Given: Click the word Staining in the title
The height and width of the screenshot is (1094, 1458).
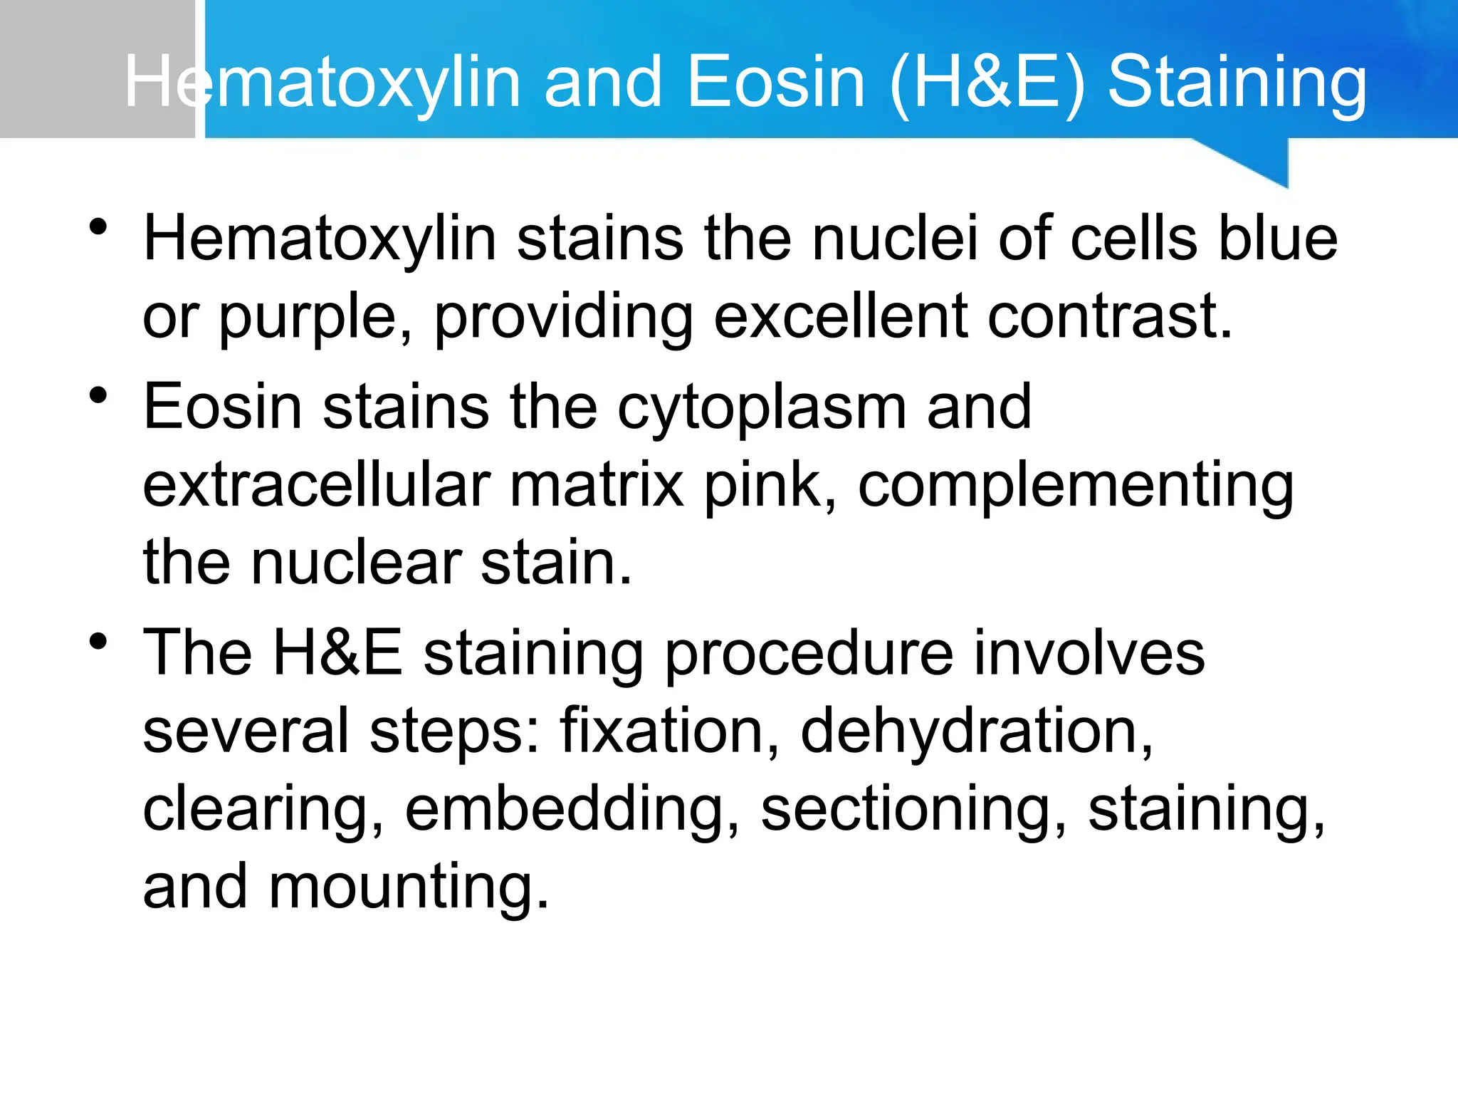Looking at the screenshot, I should [x=1237, y=83].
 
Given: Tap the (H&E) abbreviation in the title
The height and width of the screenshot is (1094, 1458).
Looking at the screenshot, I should [x=988, y=83].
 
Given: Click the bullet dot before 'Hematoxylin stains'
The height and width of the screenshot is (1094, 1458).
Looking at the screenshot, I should [x=98, y=227].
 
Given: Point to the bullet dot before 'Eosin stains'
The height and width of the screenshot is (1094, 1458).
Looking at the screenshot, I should [x=98, y=395].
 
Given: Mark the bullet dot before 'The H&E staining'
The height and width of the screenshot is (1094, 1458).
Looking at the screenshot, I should [x=98, y=641].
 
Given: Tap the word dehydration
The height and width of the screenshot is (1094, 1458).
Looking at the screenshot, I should [x=976, y=731].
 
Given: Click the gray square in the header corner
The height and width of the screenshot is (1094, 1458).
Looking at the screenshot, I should [x=97, y=68].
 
